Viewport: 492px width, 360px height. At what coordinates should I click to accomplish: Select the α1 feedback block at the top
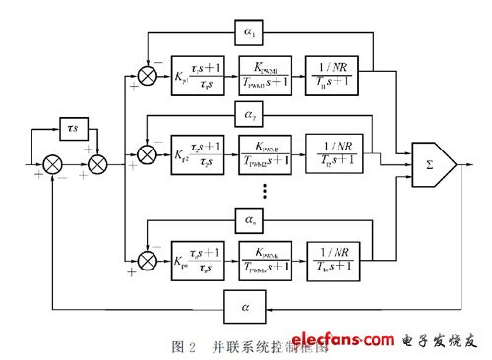(x=248, y=31)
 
